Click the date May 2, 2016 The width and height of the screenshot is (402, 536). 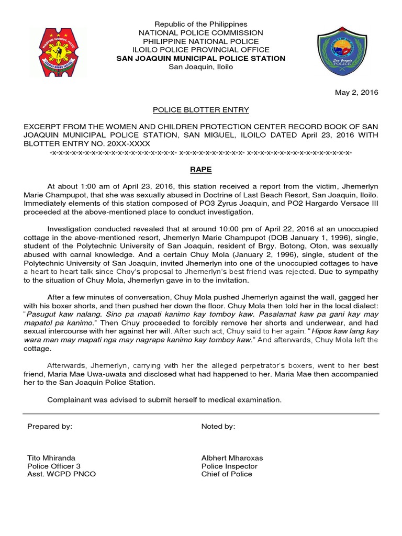tap(356, 92)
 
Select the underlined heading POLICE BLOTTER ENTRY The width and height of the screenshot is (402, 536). tap(200, 110)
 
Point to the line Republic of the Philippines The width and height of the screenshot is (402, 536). tap(200, 25)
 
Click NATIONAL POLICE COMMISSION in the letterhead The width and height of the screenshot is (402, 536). tap(200, 33)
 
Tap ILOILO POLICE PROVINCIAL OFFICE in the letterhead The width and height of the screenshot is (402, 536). tap(200, 50)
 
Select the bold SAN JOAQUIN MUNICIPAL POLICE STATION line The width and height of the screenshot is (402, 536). tap(200, 58)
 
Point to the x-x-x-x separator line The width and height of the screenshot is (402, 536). tap(200, 152)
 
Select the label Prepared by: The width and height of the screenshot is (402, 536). tap(49, 427)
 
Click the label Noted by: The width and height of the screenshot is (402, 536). tap(218, 427)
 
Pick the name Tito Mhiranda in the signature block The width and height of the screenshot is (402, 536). tap(51, 457)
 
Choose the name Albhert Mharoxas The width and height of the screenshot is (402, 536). tap(232, 457)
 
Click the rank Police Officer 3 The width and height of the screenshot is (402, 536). tap(54, 466)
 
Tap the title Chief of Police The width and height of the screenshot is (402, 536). tap(227, 474)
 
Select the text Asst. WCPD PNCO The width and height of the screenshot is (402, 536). tap(61, 474)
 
